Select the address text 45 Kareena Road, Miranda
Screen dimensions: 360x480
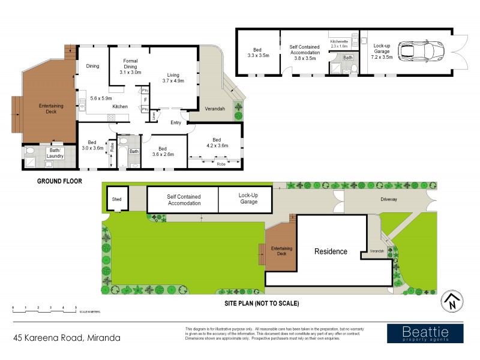point(67,338)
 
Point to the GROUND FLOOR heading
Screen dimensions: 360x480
point(59,180)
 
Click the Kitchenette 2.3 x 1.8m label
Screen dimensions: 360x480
point(339,43)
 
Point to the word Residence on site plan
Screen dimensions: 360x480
point(331,251)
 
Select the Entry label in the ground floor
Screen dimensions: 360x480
point(176,122)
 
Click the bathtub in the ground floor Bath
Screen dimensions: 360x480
point(122,156)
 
